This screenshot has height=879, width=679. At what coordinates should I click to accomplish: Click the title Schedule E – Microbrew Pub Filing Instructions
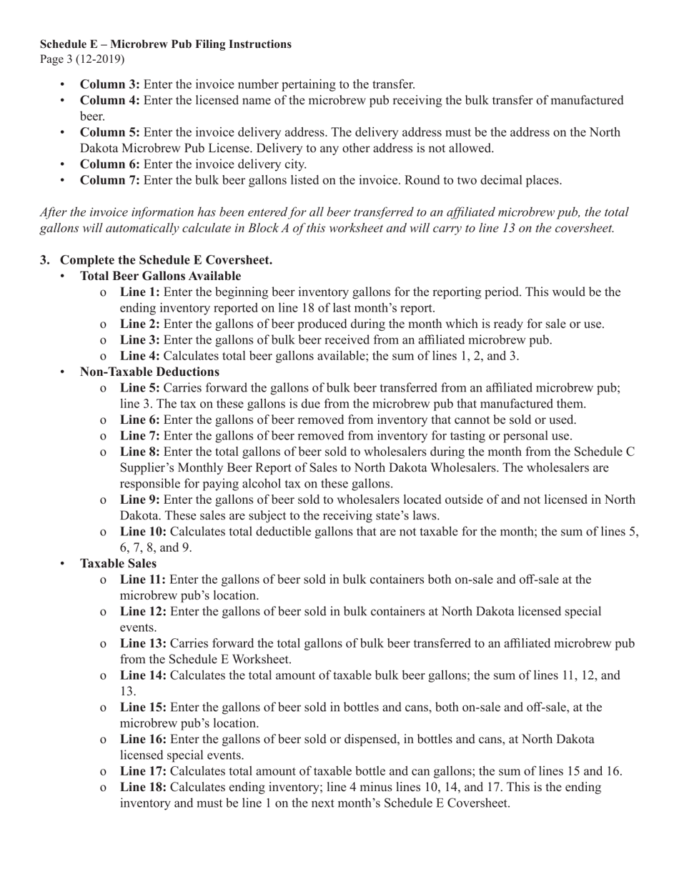tap(165, 44)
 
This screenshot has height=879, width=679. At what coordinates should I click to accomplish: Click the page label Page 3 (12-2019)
tap(82, 59)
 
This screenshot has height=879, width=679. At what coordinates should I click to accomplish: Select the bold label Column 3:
tap(109, 84)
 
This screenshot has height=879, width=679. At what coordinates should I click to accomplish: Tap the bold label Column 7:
tap(109, 180)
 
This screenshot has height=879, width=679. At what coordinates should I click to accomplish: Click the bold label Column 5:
tap(109, 132)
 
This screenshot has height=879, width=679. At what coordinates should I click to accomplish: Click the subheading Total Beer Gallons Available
tap(160, 276)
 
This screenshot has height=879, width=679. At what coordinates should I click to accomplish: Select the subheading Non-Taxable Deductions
tap(149, 372)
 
